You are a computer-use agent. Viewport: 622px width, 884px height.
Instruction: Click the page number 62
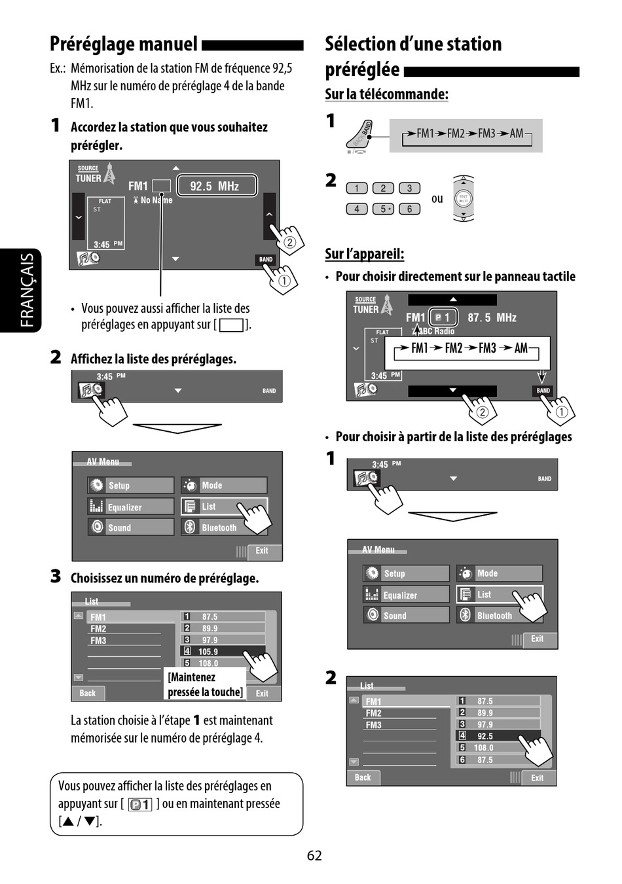pos(314,855)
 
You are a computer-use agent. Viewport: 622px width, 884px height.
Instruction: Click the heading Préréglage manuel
pos(124,44)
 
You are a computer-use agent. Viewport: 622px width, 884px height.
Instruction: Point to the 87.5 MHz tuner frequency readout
pos(492,317)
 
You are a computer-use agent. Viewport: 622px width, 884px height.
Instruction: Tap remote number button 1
pos(357,188)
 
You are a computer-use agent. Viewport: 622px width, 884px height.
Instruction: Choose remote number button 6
pos(409,209)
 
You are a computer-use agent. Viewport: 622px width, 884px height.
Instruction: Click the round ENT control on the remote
pos(463,198)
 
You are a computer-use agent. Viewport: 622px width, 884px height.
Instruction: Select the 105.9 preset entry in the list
pos(223,651)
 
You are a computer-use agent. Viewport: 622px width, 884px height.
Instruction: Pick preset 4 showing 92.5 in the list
pos(498,736)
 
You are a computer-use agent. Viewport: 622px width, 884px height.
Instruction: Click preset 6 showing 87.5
pos(498,760)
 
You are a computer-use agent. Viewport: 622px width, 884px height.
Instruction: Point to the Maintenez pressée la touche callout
pos(205,684)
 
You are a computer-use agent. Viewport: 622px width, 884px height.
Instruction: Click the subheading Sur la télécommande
pos(386,94)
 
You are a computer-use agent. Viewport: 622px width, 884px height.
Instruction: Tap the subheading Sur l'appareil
pos(365,254)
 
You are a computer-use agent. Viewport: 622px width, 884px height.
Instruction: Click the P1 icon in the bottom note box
pos(140,804)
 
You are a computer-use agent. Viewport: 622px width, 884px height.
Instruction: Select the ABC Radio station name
pos(436,331)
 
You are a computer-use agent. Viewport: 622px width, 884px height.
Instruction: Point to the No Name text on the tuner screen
pos(156,200)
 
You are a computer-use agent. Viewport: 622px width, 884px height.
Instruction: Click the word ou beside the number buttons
pos(437,198)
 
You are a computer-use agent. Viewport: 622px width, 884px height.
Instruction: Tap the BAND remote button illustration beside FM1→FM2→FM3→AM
pos(361,135)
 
